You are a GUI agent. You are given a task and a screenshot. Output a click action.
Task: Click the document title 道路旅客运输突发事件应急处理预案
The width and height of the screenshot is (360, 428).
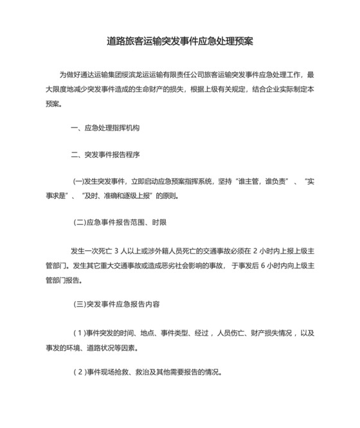(x=180, y=42)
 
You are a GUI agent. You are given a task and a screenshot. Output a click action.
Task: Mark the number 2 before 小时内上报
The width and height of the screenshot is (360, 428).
(x=255, y=250)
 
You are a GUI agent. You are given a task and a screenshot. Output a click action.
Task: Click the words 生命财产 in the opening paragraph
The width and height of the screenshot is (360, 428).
(x=148, y=88)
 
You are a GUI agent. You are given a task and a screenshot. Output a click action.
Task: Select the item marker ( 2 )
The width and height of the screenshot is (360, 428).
(x=79, y=372)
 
